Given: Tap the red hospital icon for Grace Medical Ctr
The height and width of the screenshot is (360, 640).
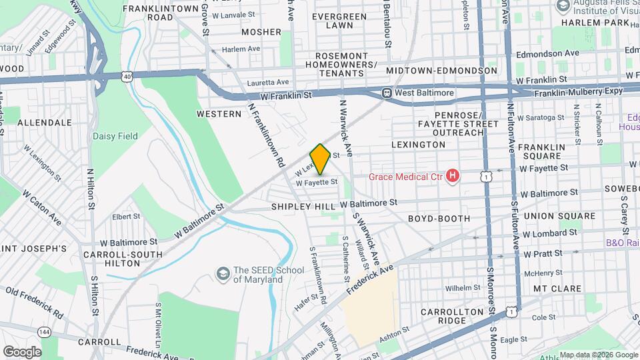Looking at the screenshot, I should [x=453, y=176].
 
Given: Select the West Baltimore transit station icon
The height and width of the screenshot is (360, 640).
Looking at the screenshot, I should [x=387, y=93].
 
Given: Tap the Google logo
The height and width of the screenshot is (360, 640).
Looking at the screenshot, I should [x=21, y=352].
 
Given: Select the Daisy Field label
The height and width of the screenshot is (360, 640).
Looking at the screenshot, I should [x=115, y=136].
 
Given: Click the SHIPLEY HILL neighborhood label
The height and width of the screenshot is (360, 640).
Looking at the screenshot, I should [x=303, y=207].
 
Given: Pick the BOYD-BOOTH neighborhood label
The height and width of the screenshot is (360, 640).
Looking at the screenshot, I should [x=439, y=218].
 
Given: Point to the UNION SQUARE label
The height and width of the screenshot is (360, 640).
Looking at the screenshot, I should [x=559, y=216].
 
